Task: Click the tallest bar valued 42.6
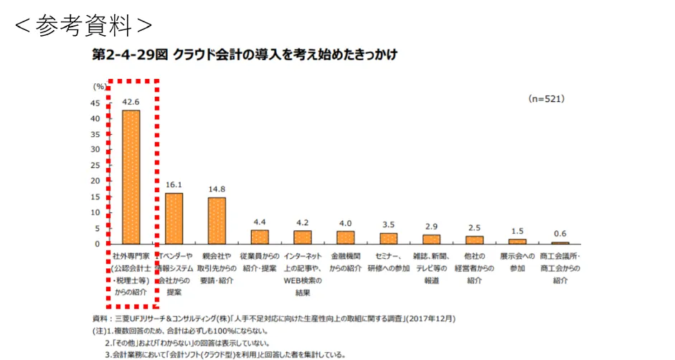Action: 131,177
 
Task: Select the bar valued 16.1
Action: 174,219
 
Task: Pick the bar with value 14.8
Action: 217,221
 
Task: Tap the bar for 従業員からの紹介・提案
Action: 260,237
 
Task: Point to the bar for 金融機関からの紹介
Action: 345,237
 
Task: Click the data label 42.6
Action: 131,103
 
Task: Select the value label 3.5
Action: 388,225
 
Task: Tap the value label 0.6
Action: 560,234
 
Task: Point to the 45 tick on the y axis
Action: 95,103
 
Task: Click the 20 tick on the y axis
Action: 95,181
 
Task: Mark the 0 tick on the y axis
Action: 98,244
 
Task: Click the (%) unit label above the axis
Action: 99,85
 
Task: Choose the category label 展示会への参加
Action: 517,262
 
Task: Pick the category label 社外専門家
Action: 131,256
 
